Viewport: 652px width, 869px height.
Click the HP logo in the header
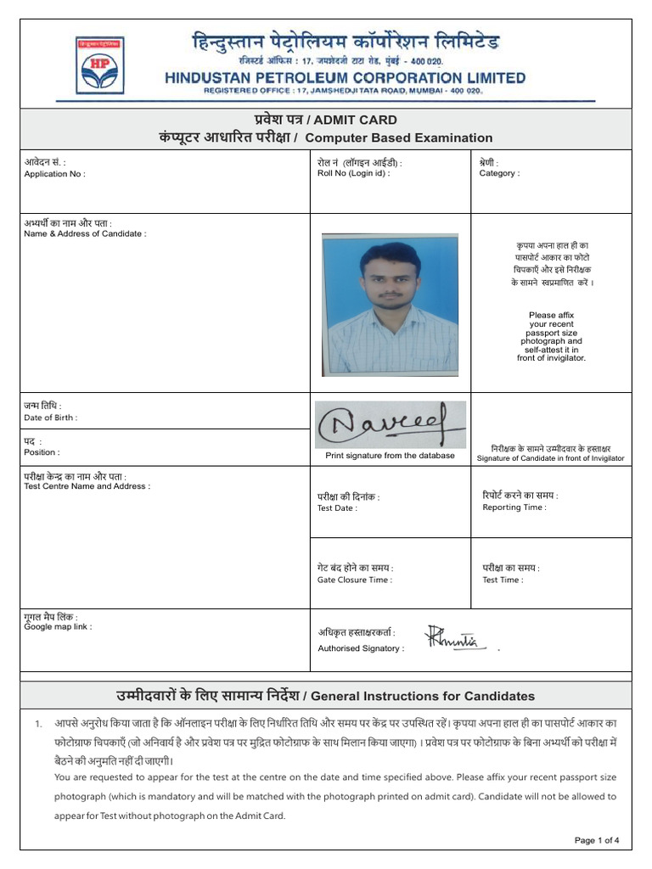[99, 64]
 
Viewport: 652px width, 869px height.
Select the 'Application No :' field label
[54, 174]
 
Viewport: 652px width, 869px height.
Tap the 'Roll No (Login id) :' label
[353, 173]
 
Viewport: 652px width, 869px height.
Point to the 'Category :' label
[499, 173]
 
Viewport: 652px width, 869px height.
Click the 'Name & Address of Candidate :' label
[85, 233]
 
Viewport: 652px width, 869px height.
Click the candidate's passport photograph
[390, 304]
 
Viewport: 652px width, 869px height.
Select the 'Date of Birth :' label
[51, 418]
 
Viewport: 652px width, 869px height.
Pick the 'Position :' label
[42, 452]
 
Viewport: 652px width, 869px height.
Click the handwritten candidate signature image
[390, 423]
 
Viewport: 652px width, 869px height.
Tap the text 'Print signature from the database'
[390, 456]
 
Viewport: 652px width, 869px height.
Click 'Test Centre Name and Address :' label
[87, 486]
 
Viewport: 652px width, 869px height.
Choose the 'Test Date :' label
[337, 508]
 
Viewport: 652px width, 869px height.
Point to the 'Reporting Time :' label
[514, 507]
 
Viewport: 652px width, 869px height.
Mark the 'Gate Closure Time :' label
[355, 580]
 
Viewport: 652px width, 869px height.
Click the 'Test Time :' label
[503, 580]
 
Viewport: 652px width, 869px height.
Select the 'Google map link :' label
[58, 626]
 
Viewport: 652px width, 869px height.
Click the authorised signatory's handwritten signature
[453, 638]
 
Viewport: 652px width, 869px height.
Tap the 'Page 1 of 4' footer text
[597, 840]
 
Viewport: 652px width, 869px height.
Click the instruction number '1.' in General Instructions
[38, 724]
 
